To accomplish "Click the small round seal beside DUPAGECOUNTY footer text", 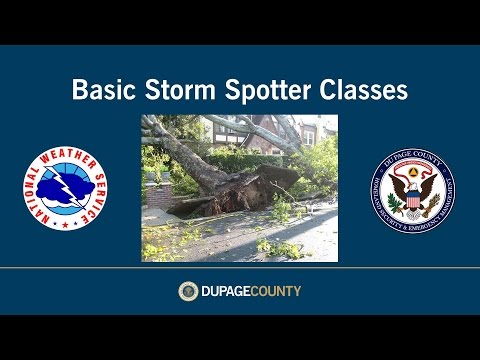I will click(188, 291).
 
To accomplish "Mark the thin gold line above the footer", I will click(240, 268).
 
